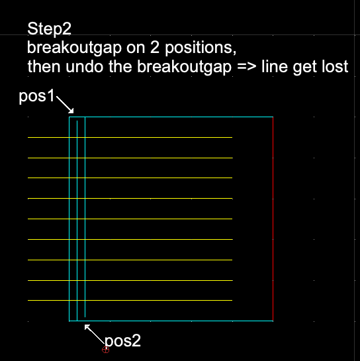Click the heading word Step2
[x=49, y=29]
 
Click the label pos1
[x=36, y=96]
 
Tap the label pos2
[x=122, y=340]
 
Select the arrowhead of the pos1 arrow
[x=71, y=111]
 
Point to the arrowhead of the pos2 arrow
[x=87, y=327]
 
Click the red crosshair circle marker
[x=105, y=350]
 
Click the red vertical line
[x=273, y=219]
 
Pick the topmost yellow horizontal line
[x=130, y=138]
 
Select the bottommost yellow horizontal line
[x=130, y=300]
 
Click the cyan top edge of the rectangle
[x=171, y=117]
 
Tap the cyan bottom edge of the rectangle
[x=171, y=321]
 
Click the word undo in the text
[x=84, y=67]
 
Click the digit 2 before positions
[x=155, y=48]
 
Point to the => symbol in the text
[x=247, y=67]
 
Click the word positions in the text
[x=201, y=48]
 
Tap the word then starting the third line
[x=44, y=67]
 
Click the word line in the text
[x=275, y=67]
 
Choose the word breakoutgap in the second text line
[x=74, y=48]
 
